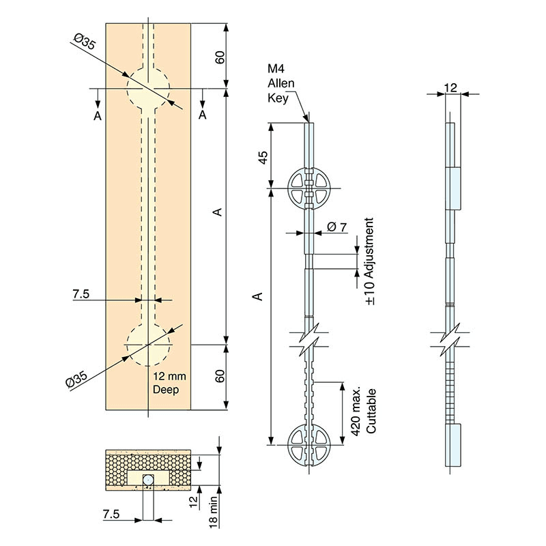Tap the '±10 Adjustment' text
[x=369, y=261]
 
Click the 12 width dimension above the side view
[x=450, y=87]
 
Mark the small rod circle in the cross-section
[x=148, y=480]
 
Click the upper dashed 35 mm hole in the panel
[x=148, y=88]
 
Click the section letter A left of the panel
[x=98, y=116]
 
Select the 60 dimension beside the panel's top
[x=220, y=56]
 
